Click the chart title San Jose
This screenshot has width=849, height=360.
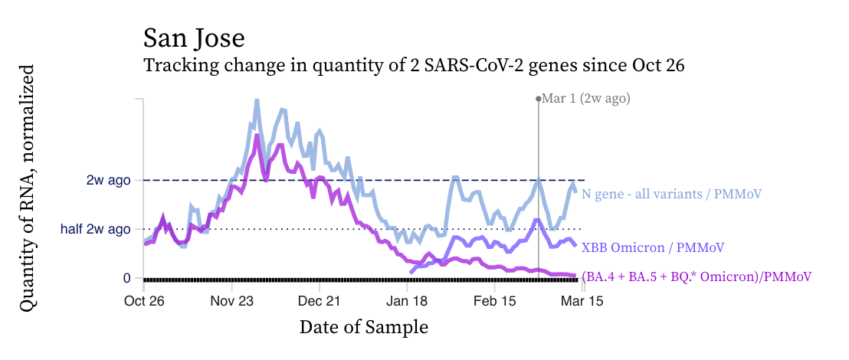coord(194,38)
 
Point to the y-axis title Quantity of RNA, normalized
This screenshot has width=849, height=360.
coord(28,188)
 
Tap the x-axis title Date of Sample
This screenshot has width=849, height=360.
coord(363,328)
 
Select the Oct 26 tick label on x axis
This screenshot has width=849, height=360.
coord(144,302)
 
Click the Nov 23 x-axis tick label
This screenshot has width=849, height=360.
coord(232,302)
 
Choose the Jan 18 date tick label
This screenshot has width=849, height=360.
coord(408,302)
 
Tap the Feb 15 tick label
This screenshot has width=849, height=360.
coord(495,302)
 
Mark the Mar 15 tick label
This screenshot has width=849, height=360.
coord(584,302)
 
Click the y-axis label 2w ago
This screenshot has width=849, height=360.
coord(108,181)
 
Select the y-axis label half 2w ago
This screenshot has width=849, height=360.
coord(96,229)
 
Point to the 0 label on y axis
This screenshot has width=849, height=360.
coord(126,278)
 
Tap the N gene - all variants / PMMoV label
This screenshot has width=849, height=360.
coord(671,195)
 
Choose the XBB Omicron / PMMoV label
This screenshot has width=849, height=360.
coord(653,248)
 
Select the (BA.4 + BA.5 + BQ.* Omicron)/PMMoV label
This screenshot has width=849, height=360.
coord(697,277)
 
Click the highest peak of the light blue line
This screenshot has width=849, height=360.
coord(256,100)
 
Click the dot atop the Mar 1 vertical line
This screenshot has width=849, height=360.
coord(539,99)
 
